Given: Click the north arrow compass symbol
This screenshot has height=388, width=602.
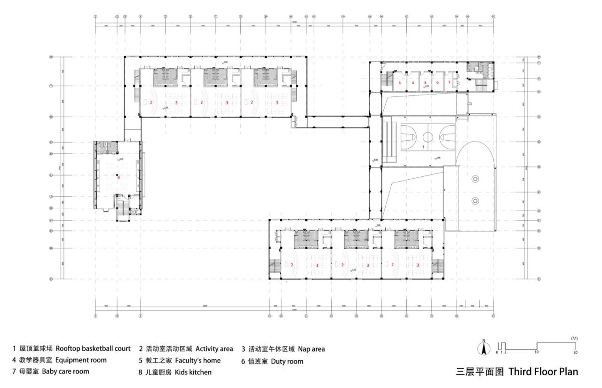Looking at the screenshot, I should point(483,348).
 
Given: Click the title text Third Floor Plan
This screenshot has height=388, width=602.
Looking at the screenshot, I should point(543,372).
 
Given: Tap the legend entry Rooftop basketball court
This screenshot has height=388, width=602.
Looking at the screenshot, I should point(71,349).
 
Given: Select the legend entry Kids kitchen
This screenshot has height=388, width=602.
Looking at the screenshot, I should point(175,372).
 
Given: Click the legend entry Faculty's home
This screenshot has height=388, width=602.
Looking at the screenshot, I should point(179,361).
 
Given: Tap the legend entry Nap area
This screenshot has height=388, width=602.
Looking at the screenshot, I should point(283,349).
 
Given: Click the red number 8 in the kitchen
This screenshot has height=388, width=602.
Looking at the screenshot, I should point(119,177).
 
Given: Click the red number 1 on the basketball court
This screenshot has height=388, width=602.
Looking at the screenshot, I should point(423,147).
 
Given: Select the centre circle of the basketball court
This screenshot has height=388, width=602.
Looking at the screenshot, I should point(428,137).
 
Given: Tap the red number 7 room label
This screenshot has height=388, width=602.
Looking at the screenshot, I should point(449,82).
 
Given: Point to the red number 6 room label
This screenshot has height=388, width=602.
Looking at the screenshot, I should point(437,82).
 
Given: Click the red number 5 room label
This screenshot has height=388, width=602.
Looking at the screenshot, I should point(425,82).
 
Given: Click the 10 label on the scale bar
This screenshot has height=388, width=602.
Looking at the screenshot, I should point(536,352).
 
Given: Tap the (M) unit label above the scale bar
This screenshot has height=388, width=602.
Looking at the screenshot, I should point(574,338).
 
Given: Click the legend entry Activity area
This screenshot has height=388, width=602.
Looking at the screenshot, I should point(186,349).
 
